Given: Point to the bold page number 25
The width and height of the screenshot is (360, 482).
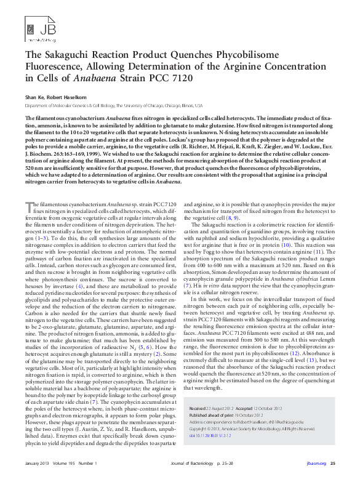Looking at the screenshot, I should point(333,462).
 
